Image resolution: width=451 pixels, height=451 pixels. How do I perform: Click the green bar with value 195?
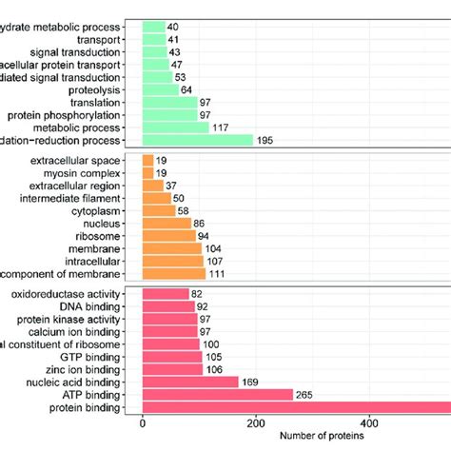click(197, 141)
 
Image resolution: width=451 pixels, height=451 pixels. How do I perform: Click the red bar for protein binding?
click(295, 409)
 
